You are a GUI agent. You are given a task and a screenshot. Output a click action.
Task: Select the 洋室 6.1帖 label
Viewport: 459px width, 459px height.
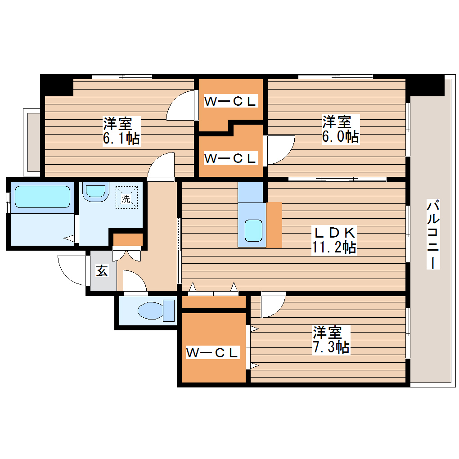pyautogui.click(x=120, y=130)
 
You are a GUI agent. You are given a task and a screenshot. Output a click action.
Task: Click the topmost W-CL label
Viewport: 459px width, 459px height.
pyautogui.click(x=230, y=101)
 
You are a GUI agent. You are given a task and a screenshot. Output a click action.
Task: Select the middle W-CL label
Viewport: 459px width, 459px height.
pyautogui.click(x=230, y=158)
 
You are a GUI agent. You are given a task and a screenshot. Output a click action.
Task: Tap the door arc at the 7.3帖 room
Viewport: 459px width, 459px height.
pyautogui.click(x=273, y=304)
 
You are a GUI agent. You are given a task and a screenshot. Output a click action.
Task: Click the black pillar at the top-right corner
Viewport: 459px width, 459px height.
pyautogui.click(x=425, y=85)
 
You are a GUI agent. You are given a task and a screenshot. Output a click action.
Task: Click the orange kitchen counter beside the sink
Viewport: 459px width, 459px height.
pyautogui.click(x=274, y=225)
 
